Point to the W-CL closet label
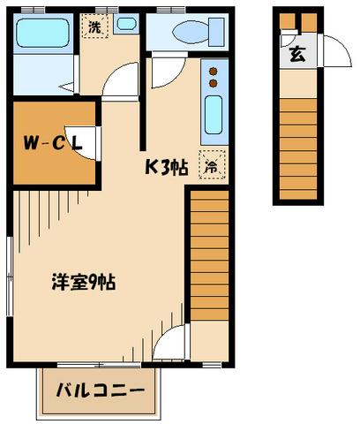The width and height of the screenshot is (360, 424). [53, 140]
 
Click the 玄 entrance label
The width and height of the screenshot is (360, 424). [296, 54]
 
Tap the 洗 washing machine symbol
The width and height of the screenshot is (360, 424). [94, 26]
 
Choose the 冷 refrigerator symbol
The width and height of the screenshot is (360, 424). [211, 165]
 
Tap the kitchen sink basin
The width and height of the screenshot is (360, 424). [213, 115]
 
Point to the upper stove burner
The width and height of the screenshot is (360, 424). [213, 72]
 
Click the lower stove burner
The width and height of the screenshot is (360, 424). [213, 84]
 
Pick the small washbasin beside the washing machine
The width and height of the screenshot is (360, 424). [124, 25]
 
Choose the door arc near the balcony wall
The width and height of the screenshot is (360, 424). [173, 344]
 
